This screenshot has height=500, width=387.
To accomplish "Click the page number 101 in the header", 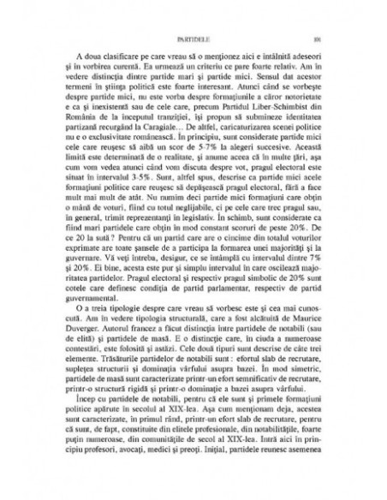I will coord(316,39).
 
